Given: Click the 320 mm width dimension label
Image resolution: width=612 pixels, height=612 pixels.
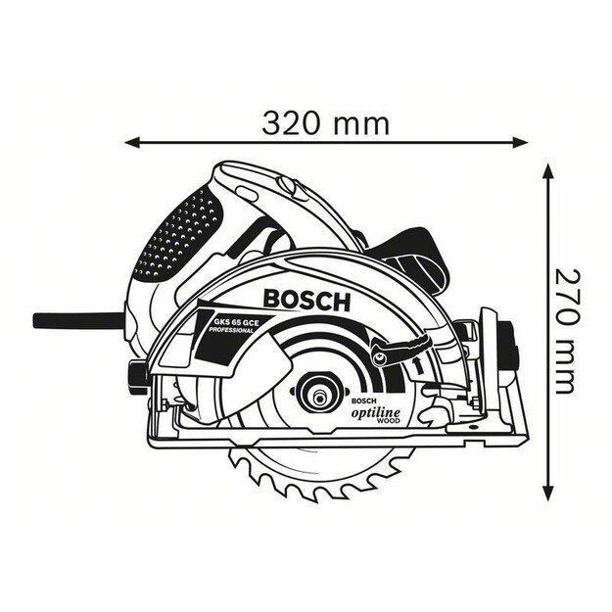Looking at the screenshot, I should pos(325,123).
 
